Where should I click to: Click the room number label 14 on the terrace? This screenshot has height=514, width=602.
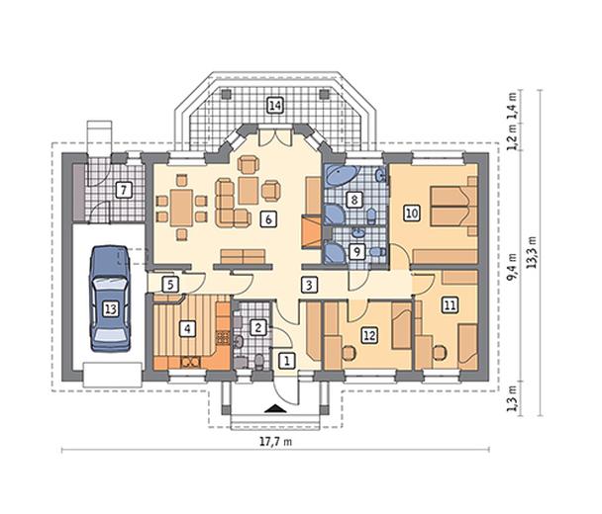(275, 106)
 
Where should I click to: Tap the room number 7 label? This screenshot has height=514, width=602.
(124, 190)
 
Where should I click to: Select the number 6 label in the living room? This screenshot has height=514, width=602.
(268, 219)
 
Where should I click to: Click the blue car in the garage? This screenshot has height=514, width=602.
(110, 299)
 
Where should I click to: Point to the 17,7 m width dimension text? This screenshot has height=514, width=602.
(275, 442)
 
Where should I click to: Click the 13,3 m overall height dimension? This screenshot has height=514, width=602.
(532, 252)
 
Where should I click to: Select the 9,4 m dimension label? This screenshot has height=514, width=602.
(511, 267)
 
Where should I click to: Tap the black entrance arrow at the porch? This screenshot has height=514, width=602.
(275, 408)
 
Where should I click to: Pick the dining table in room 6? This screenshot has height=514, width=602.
(181, 208)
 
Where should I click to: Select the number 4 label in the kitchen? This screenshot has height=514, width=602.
(187, 328)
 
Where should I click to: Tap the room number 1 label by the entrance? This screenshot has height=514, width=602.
(286, 361)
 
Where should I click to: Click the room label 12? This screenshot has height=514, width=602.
(369, 335)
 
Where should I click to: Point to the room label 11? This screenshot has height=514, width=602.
(450, 305)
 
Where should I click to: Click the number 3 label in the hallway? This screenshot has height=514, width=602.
(309, 285)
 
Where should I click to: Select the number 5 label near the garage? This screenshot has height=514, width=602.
(170, 285)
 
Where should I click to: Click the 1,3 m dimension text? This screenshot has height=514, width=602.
(511, 398)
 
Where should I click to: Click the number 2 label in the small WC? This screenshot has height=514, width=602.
(258, 328)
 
